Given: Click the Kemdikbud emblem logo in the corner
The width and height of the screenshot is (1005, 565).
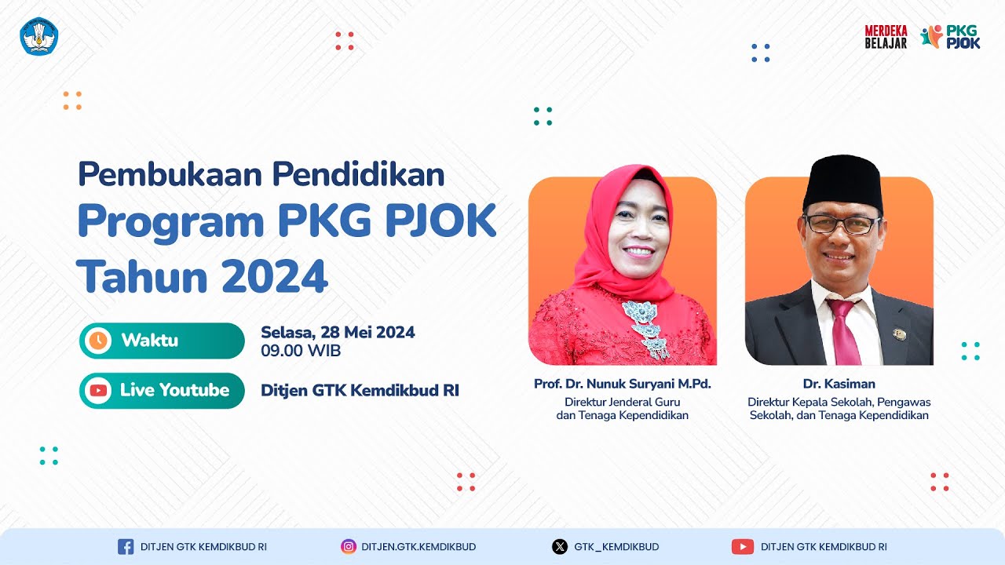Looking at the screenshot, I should pos(39,37).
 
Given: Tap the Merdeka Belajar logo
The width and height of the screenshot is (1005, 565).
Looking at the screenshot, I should pos(886,37).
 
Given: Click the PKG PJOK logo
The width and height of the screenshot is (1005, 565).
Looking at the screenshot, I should pos(951,37).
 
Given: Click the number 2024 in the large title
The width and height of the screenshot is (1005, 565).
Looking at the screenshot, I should pos(274,276).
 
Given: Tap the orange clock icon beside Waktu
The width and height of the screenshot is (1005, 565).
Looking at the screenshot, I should pos(98,341).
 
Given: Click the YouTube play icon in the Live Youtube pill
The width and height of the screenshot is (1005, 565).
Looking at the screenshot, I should pos(98,390).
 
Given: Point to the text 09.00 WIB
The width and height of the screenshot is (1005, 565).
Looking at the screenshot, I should pos(301,351).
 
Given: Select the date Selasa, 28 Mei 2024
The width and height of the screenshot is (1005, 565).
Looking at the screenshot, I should pos(338,332).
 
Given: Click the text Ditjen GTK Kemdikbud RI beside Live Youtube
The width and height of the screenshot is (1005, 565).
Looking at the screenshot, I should pos(360,390).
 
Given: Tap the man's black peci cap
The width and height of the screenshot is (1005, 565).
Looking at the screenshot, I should pos(842,182).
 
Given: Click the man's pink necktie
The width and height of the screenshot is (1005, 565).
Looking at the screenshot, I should pos(842,330).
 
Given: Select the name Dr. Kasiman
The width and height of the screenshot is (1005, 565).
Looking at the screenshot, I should pos(839,384).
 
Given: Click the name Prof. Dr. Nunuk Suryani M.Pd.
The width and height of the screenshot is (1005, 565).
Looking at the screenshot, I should pos(622,384).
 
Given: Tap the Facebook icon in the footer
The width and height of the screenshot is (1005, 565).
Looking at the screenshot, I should pos(126,547).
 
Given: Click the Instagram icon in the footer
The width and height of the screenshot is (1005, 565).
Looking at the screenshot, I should pos(349,547).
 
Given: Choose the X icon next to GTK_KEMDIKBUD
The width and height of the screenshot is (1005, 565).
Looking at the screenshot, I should pos(559,547).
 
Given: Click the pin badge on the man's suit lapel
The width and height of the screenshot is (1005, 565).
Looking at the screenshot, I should pos(900,334).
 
